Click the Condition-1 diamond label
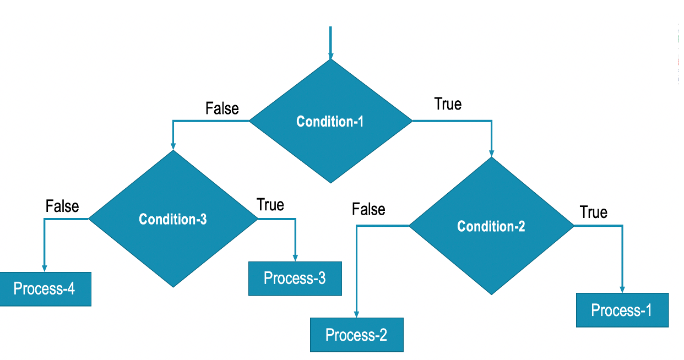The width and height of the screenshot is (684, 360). click(330, 121)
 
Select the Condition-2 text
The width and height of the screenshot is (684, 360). click(491, 226)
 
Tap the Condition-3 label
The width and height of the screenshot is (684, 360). click(173, 219)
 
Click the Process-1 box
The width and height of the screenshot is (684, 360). click(622, 310)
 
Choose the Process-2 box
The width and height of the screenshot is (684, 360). click(356, 335)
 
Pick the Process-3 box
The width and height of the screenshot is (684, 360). click(295, 278)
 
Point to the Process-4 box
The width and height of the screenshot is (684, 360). click(45, 288)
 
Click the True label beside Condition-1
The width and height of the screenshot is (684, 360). click(448, 104)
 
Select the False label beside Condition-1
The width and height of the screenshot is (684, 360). click(222, 108)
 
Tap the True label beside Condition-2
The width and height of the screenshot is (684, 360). click(594, 212)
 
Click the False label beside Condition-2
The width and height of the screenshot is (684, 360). click(368, 209)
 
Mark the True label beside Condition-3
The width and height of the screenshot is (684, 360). click(270, 205)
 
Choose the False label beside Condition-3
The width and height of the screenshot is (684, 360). click(62, 206)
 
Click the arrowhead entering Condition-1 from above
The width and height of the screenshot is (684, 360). click(330, 55)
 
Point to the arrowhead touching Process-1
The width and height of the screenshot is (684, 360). click(623, 289)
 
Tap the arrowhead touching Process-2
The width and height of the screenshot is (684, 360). click(356, 314)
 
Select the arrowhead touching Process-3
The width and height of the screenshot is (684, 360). click(295, 257)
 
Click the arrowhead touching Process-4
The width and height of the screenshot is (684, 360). click(44, 268)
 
